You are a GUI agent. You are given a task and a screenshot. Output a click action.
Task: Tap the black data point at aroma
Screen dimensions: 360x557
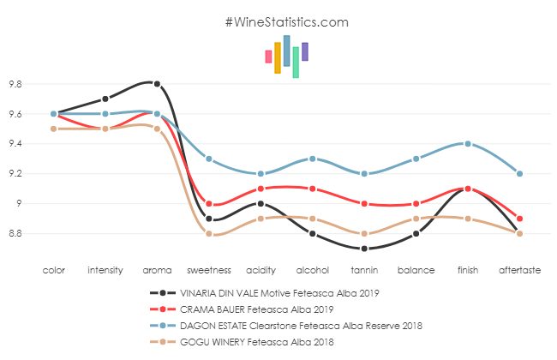pyautogui.click(x=157, y=84)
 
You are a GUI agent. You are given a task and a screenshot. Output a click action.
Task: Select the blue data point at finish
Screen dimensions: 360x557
pyautogui.click(x=467, y=144)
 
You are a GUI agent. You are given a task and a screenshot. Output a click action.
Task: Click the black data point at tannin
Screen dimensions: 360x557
pyautogui.click(x=364, y=249)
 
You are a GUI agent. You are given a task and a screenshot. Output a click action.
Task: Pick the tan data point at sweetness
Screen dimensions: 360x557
pyautogui.click(x=209, y=233)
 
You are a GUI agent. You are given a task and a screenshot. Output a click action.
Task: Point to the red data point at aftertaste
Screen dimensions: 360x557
pyautogui.click(x=519, y=219)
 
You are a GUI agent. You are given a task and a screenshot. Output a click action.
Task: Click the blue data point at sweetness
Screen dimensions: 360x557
pyautogui.click(x=209, y=159)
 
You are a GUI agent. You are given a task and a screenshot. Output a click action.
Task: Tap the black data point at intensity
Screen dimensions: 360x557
pyautogui.click(x=105, y=99)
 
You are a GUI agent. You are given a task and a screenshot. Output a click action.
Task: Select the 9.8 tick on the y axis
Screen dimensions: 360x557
pyautogui.click(x=15, y=84)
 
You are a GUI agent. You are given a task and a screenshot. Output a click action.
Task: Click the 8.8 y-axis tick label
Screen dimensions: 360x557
pyautogui.click(x=15, y=233)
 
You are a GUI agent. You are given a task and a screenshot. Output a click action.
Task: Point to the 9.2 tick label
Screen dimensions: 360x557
pyautogui.click(x=15, y=174)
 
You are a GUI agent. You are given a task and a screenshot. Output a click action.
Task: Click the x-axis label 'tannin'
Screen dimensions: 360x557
pyautogui.click(x=364, y=270)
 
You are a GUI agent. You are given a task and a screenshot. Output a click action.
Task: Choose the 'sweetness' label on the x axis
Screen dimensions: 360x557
pyautogui.click(x=209, y=270)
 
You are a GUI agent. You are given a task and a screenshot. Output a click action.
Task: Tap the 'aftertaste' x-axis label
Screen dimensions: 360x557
pyautogui.click(x=519, y=270)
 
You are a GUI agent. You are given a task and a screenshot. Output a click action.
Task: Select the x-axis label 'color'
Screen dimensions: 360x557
pyautogui.click(x=53, y=270)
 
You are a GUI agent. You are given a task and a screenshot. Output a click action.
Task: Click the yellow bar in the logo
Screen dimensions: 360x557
pyautogui.click(x=278, y=57)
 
